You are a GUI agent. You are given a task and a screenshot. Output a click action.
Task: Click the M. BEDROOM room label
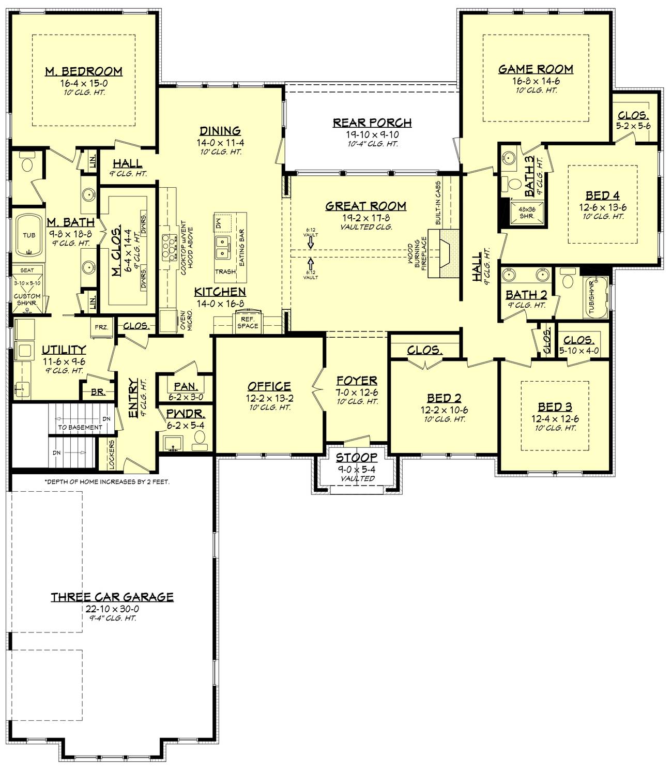pos(83,71)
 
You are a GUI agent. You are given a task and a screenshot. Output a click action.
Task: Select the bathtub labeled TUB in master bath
pos(29,235)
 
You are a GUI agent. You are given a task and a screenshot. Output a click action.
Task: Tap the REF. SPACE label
pos(248,323)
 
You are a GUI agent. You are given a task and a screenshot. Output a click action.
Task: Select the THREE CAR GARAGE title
pos(112,597)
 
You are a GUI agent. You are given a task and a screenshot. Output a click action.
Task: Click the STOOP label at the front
pos(357,458)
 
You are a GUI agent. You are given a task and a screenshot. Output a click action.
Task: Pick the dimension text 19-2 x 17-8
pos(365,217)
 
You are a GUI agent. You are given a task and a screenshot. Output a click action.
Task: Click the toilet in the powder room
pos(199,439)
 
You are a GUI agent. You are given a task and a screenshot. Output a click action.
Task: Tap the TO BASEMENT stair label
pos(80,427)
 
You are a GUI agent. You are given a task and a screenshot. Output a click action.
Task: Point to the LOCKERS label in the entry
pos(111,455)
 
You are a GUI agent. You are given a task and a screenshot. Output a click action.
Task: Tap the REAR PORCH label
pos(372,123)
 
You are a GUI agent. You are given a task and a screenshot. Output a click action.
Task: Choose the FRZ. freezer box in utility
pos(101,327)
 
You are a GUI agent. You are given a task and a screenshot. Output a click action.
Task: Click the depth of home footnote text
pos(107,481)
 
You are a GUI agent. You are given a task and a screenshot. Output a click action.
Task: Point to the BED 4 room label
pos(602,195)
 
